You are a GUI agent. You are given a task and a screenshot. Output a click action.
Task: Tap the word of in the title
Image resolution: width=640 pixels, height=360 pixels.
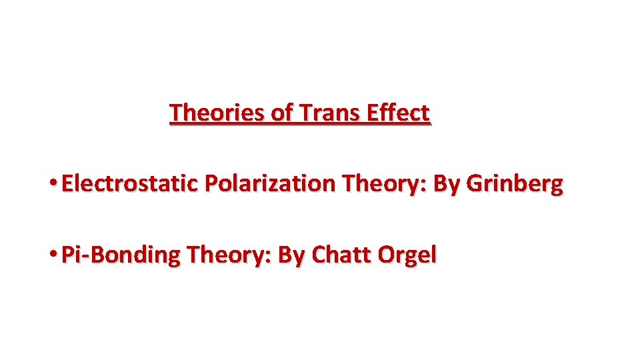(x=282, y=113)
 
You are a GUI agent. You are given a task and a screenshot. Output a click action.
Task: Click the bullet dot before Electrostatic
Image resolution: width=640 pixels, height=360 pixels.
(x=53, y=183)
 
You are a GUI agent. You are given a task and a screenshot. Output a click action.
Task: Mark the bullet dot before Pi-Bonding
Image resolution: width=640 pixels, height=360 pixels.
(x=53, y=254)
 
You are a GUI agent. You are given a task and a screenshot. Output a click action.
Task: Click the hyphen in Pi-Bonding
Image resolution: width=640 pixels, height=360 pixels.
(x=83, y=256)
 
